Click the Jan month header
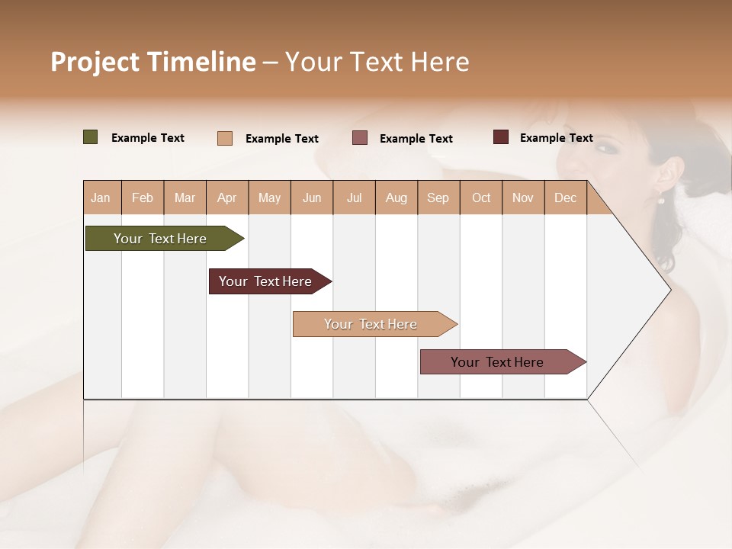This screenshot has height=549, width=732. click(x=101, y=197)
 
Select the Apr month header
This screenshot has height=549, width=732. click(x=227, y=197)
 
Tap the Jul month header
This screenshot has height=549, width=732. click(x=355, y=197)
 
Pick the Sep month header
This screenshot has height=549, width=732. click(x=438, y=197)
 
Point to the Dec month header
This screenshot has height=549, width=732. click(x=565, y=197)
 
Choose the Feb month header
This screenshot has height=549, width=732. click(x=143, y=197)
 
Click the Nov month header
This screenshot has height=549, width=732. click(x=523, y=197)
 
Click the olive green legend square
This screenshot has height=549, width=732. click(x=91, y=137)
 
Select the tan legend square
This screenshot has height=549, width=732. click(x=225, y=138)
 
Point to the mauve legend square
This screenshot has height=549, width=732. click(x=360, y=138)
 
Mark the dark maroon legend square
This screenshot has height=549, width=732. click(x=501, y=137)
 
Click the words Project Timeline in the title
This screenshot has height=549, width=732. click(x=153, y=62)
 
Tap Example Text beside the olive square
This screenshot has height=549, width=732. click(x=148, y=138)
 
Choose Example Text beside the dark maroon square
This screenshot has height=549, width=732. click(x=557, y=138)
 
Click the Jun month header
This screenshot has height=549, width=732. click(x=312, y=197)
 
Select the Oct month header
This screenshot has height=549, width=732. click(x=481, y=197)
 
